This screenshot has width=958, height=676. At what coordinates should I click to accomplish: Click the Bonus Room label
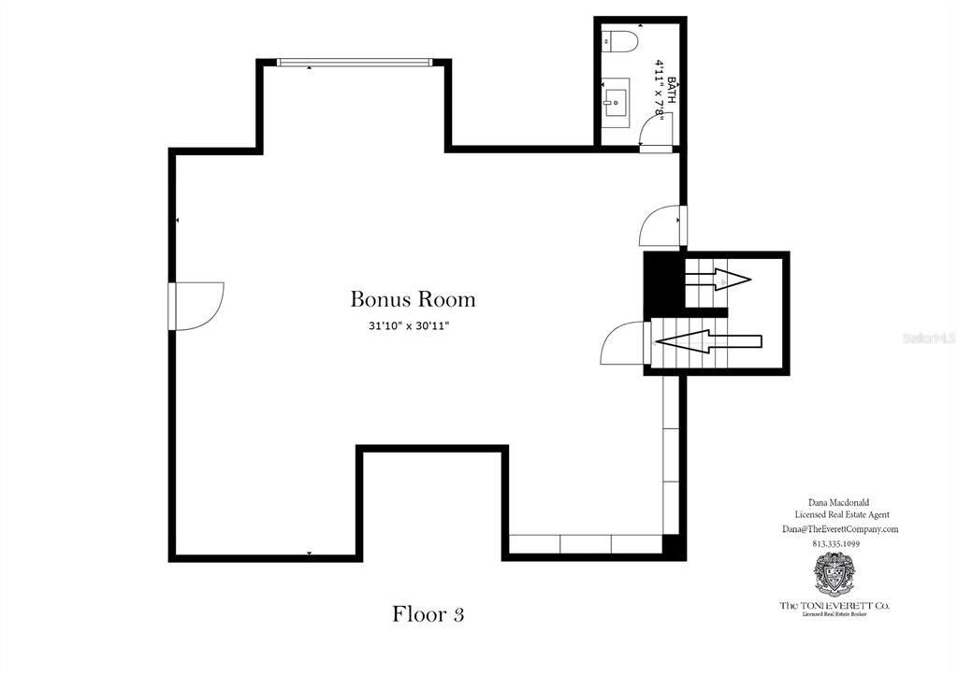(413, 299)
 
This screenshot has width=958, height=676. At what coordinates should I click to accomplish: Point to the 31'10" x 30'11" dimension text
(412, 326)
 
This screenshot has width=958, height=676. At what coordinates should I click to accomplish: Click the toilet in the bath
(618, 41)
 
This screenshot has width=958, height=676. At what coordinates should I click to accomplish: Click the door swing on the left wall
(199, 306)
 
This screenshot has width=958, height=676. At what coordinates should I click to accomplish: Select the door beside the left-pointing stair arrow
(621, 343)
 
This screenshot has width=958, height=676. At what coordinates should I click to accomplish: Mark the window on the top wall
(355, 63)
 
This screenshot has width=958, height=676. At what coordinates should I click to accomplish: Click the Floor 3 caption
(428, 614)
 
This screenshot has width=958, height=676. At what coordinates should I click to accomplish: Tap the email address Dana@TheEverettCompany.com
(839, 528)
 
